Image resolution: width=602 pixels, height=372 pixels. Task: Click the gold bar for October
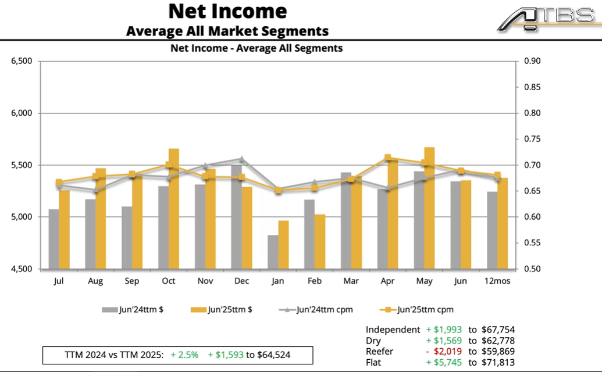pos(174,209)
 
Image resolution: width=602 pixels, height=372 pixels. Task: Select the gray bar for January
pos(273,252)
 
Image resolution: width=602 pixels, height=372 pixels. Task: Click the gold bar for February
pos(320,241)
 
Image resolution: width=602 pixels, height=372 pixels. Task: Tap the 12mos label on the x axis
pos(498,281)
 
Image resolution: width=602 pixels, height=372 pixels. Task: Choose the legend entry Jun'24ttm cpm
pos(316,310)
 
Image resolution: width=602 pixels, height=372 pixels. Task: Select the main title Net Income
pos(227,11)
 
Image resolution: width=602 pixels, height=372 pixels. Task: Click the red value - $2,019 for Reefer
pos(444,352)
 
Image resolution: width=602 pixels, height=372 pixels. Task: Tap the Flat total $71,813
pos(498,363)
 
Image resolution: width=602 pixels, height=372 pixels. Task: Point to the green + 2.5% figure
pos(184,355)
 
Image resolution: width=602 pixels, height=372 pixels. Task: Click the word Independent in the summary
pos(393,330)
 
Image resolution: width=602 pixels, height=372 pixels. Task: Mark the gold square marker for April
pos(388,158)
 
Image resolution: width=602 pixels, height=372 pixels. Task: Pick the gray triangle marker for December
pos(241,159)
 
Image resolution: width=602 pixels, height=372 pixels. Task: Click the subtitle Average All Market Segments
pos(227,31)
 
